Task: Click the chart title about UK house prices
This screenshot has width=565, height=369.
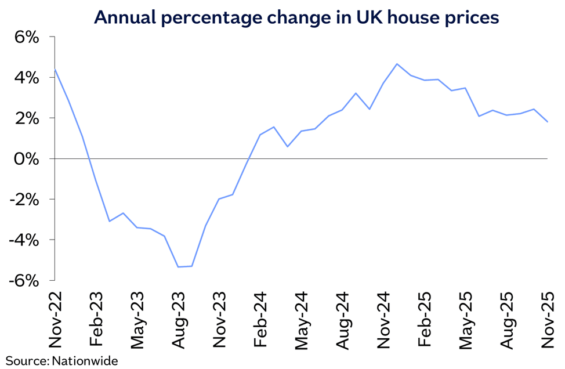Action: pyautogui.click(x=296, y=17)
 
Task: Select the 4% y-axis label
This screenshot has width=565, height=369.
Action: pyautogui.click(x=26, y=78)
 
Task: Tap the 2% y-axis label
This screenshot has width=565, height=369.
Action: pyautogui.click(x=26, y=118)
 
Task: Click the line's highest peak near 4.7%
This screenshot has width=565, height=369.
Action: pyautogui.click(x=397, y=64)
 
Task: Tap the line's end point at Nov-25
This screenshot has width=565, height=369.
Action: pyautogui.click(x=548, y=122)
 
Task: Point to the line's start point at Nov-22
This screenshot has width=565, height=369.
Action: pyautogui.click(x=55, y=70)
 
